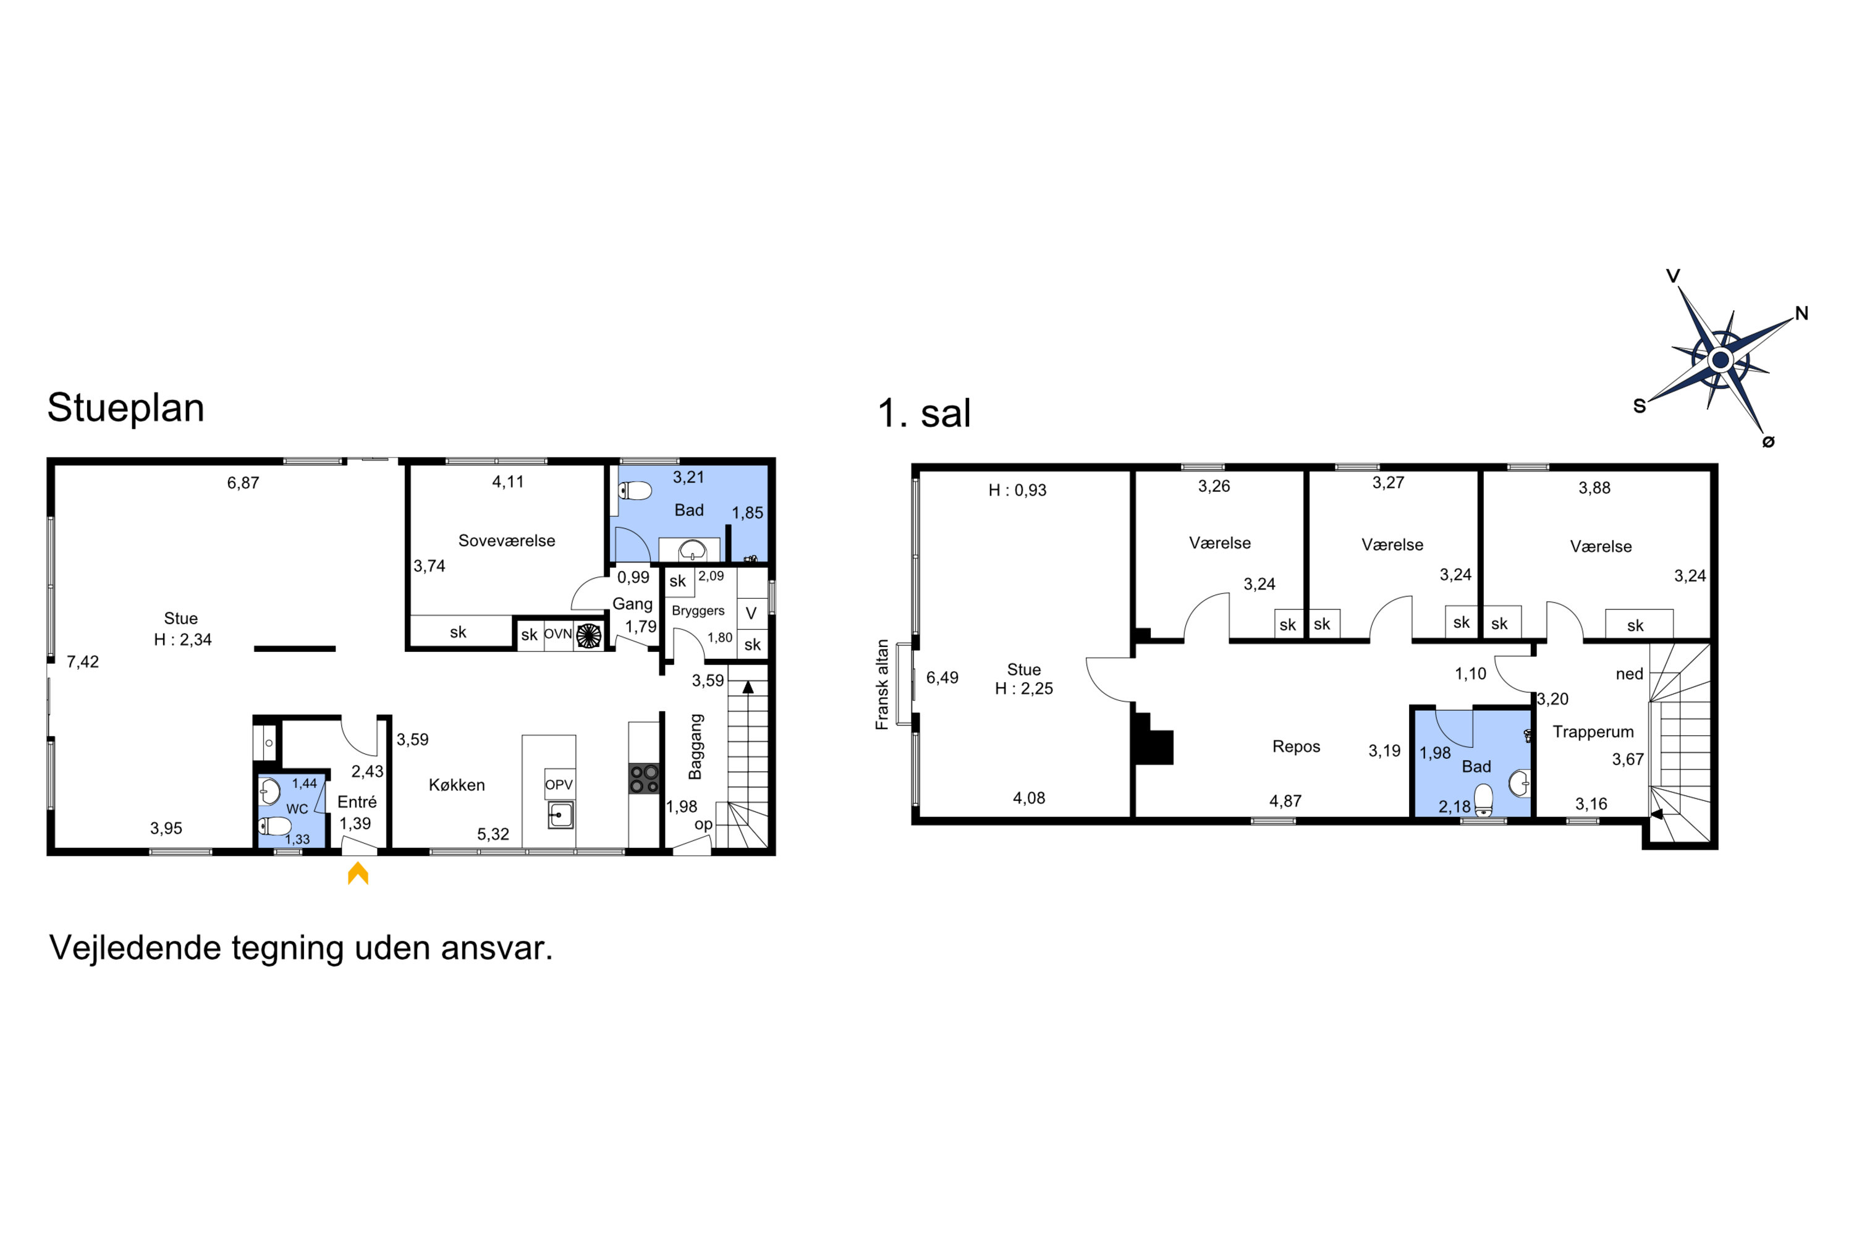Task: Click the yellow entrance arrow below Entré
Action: tap(358, 873)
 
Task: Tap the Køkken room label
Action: tap(457, 785)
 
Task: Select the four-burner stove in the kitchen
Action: tap(644, 779)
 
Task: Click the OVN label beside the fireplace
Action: tap(557, 634)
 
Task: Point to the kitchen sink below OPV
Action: tap(561, 815)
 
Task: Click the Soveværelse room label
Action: tap(507, 541)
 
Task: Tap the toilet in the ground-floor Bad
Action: tap(635, 491)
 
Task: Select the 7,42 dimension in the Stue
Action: tap(83, 662)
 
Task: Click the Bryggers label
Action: tap(698, 611)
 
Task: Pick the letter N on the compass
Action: tap(1801, 314)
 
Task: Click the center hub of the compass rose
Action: tap(1721, 360)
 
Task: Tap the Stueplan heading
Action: tap(125, 407)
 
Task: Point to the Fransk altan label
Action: tap(882, 684)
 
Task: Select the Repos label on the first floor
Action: tap(1296, 747)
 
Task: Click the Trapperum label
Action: tap(1593, 732)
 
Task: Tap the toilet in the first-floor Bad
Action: tap(1484, 800)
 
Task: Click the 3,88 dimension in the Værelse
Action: tap(1594, 488)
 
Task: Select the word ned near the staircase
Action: tap(1629, 674)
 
